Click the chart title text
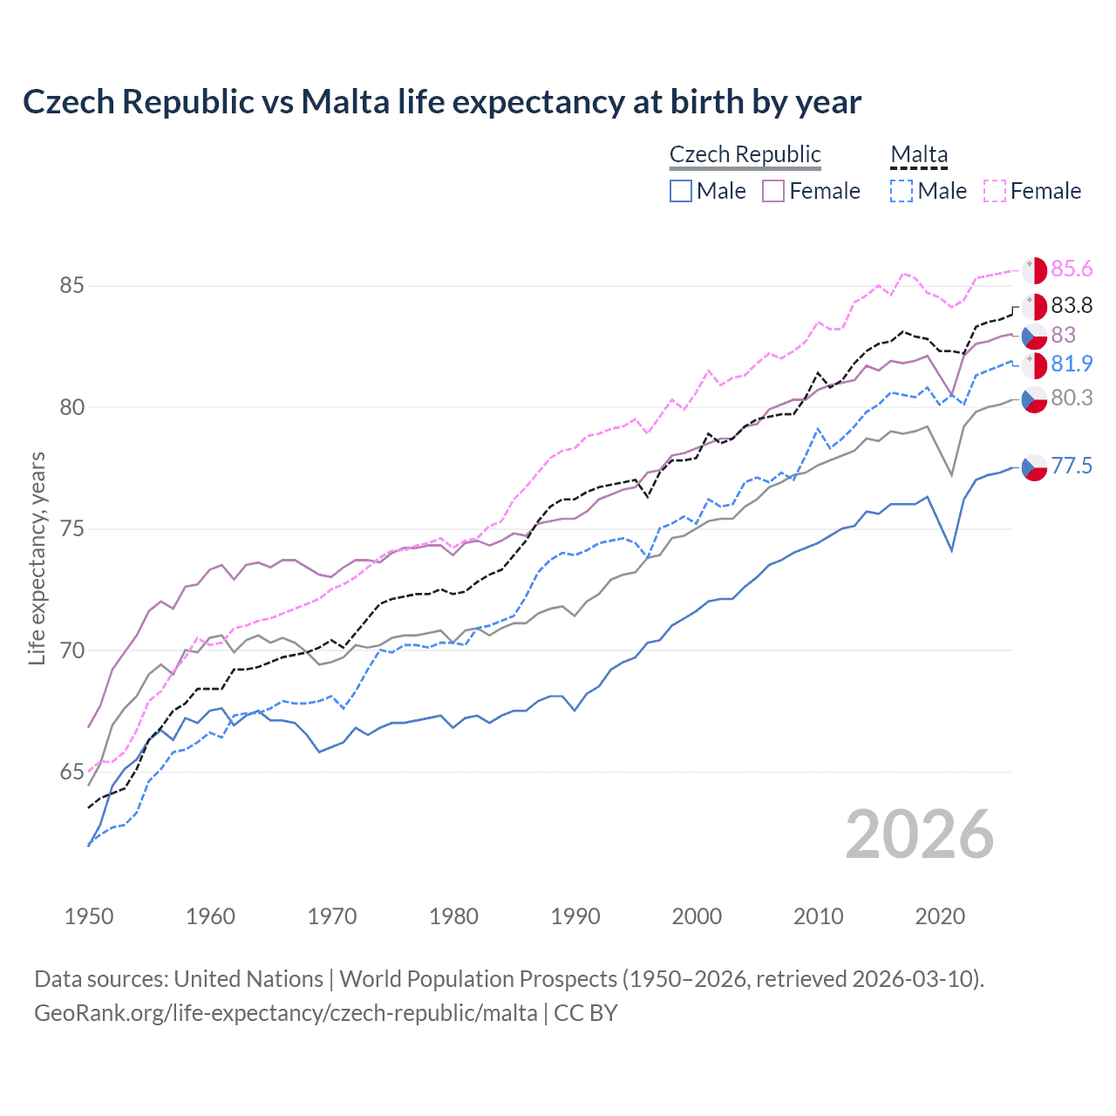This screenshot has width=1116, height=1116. [441, 102]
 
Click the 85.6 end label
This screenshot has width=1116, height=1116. [1072, 269]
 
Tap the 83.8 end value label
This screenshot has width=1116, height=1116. [1072, 305]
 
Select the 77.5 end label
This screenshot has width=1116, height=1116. [1072, 466]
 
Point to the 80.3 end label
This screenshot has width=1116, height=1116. [1072, 398]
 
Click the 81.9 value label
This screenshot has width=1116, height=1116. [1072, 364]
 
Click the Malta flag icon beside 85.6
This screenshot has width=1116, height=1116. [1034, 270]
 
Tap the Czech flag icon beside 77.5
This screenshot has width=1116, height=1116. [1034, 467]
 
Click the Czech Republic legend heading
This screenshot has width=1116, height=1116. [745, 154]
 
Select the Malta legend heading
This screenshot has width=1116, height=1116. [918, 154]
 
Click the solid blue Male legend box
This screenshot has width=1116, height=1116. [681, 191]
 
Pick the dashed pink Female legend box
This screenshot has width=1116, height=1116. [994, 191]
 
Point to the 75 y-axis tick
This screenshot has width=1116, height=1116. [71, 529]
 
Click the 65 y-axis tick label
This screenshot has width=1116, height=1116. [71, 772]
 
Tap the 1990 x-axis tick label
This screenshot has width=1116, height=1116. [575, 916]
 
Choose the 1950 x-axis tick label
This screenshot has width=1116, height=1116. [89, 916]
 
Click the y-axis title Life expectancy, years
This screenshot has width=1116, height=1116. [37, 558]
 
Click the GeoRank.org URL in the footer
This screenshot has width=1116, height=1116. [286, 1013]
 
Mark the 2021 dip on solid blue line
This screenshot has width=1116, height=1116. [951, 550]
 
